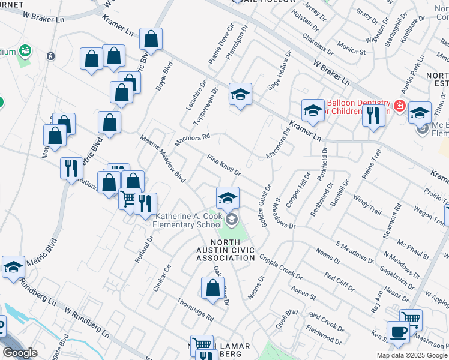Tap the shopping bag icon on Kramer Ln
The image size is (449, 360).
tap(151, 39)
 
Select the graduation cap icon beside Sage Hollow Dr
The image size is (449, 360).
tap(240, 94)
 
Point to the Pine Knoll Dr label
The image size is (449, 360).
tap(224, 166)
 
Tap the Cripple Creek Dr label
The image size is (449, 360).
tap(280, 267)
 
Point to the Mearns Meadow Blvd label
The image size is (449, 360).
tap(163, 158)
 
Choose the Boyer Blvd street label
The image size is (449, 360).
tap(161, 77)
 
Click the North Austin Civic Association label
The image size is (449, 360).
tap(226, 254)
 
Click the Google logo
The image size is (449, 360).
tap(20, 353)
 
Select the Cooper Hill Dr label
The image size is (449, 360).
tap(298, 190)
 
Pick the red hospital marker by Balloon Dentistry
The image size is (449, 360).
tap(400, 107)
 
